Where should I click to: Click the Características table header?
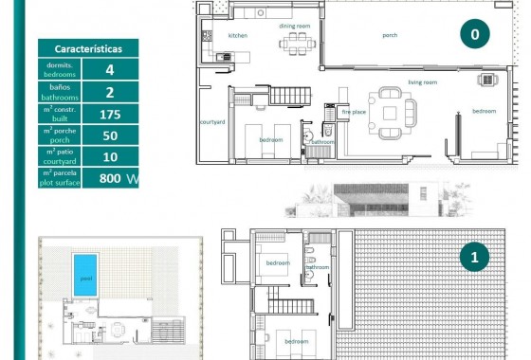(x=87, y=47)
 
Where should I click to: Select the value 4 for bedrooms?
(x=110, y=69)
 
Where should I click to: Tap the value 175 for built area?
(x=110, y=114)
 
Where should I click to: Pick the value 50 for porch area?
(x=110, y=135)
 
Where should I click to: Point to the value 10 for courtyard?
(x=110, y=156)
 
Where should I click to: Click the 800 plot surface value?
(x=110, y=177)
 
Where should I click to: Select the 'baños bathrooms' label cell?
(x=59, y=92)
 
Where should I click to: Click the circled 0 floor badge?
(x=473, y=34)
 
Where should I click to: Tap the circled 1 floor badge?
(x=473, y=256)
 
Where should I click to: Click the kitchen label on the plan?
(x=237, y=35)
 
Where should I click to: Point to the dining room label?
(x=295, y=26)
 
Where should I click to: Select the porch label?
(x=390, y=35)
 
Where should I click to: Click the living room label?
(x=422, y=82)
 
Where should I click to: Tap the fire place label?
(x=354, y=112)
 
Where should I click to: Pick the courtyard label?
(x=211, y=122)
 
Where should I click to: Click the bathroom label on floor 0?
(x=322, y=141)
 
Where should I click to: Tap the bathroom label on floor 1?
(x=317, y=267)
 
